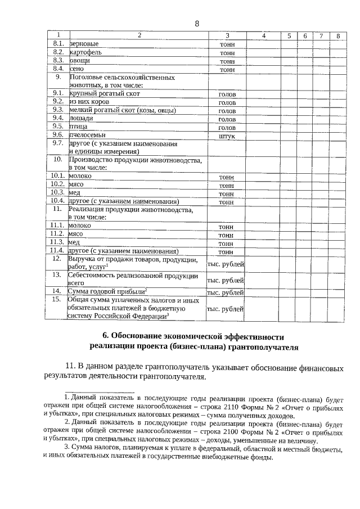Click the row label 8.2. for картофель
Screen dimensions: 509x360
click(57, 52)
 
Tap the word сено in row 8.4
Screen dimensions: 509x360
click(76, 69)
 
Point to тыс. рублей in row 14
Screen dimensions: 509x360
click(226, 292)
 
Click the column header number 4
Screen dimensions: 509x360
click(263, 35)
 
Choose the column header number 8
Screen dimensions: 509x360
click(337, 35)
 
